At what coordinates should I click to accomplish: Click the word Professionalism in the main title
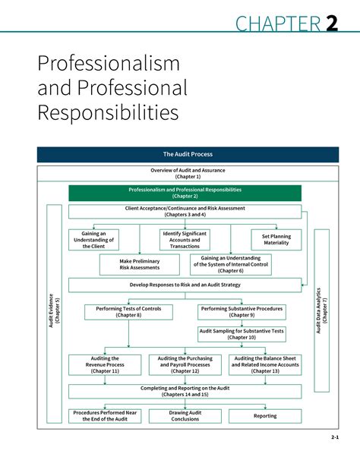[109, 62]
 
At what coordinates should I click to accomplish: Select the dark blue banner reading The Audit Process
[188, 154]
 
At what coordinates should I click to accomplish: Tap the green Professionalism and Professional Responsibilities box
[185, 193]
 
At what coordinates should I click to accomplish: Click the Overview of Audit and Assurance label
[188, 174]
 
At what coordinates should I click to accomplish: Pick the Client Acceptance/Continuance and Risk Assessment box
[185, 211]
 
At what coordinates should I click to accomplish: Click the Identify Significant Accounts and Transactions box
[185, 239]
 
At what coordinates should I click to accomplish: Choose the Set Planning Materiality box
[276, 239]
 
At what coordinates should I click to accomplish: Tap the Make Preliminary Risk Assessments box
[140, 264]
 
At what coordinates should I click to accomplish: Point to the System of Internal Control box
[230, 264]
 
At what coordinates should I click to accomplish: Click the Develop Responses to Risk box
[185, 285]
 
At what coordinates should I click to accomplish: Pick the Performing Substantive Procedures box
[242, 311]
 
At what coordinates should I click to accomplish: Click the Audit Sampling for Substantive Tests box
[242, 334]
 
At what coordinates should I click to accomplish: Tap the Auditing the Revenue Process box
[104, 364]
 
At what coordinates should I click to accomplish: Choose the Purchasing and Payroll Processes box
[185, 364]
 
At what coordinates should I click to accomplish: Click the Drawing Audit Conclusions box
[185, 416]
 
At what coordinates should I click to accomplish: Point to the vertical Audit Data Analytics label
[322, 310]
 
